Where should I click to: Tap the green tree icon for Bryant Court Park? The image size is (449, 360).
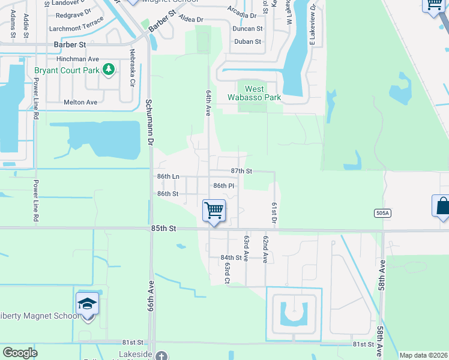tap(109, 70)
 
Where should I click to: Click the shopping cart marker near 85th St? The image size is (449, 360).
tap(214, 211)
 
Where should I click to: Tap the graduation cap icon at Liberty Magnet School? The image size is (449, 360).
tap(88, 304)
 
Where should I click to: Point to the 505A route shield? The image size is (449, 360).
tap(382, 212)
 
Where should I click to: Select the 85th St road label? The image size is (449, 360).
tap(164, 229)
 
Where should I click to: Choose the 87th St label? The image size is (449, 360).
tap(241, 171)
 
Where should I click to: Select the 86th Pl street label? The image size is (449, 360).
tap(223, 186)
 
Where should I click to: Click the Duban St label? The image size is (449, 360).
tap(248, 41)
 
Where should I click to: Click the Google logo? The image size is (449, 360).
tap(20, 353)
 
